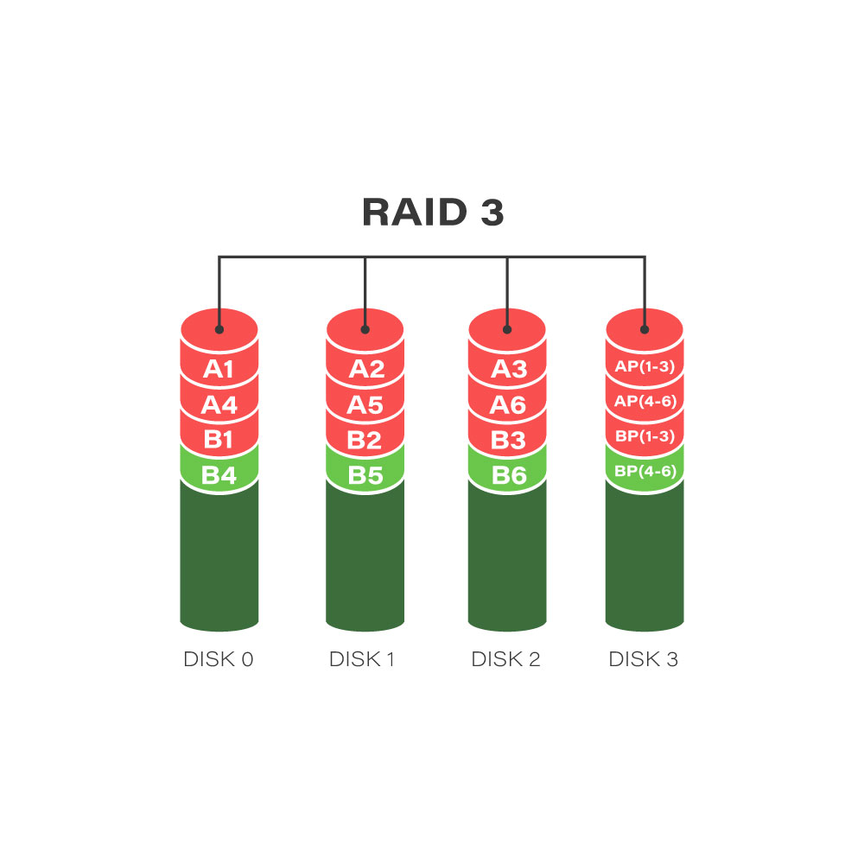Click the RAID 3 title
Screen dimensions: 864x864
pos(433,213)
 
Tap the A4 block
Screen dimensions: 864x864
pos(219,403)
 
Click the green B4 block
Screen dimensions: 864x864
pos(219,473)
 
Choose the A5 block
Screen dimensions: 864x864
pos(365,403)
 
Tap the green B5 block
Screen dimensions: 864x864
pos(365,473)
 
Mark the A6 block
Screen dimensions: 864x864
pos(507,403)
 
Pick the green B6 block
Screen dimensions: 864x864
pos(507,473)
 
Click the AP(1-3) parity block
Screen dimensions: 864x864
pos(645,366)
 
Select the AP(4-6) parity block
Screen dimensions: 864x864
pos(645,402)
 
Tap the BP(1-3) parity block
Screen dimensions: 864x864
pos(645,436)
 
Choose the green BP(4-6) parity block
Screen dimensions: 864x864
pos(645,472)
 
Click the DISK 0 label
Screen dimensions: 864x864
pos(219,659)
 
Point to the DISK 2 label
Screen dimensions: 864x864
pos(505,659)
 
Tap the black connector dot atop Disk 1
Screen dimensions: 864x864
pos(365,329)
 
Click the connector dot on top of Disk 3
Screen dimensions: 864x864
pos(645,329)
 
